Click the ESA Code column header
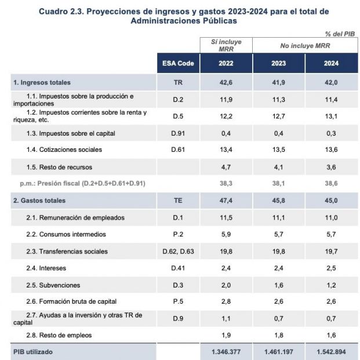178,63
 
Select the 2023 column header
278,63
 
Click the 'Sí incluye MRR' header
226,45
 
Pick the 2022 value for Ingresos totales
226,83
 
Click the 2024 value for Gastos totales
331,201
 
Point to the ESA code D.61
178,150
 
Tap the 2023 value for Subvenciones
278,285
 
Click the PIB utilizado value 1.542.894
331,352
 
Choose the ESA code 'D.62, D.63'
178,252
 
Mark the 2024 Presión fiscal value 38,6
331,184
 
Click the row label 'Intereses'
53,268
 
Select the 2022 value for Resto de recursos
226,167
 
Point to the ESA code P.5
178,301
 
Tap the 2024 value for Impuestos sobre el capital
331,133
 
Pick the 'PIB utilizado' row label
34,352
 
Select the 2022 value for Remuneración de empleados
226,218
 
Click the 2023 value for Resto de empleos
278,335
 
